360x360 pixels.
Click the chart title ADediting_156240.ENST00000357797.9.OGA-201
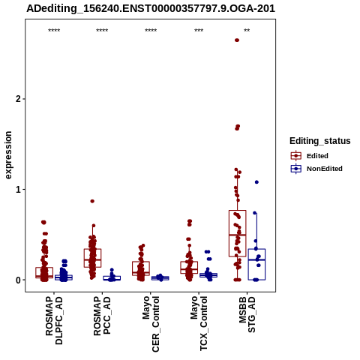151,8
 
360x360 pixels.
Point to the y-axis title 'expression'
8,155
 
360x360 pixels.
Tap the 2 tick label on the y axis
17,99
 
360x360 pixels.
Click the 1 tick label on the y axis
17,190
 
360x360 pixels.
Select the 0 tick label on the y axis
17,280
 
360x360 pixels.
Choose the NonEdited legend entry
316,169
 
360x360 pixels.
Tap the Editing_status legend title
320,141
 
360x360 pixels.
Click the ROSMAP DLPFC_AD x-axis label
54,320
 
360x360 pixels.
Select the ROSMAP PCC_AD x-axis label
102,316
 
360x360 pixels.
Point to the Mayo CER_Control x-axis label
151,324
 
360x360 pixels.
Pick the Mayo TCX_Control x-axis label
199,323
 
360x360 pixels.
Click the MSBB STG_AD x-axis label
247,314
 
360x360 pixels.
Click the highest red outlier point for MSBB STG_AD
237,40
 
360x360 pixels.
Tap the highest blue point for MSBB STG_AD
256,182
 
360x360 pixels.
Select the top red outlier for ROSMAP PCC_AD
92,201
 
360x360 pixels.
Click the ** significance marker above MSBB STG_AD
247,31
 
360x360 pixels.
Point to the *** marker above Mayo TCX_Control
199,31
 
